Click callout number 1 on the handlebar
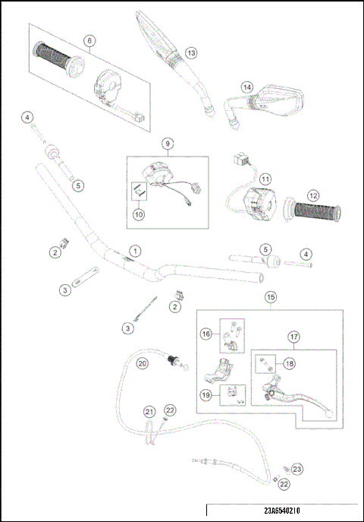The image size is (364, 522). pos(135,250)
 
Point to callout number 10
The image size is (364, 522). pos(138,215)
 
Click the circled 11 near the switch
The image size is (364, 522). pos(265,179)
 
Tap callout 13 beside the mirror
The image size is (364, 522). pos(190,52)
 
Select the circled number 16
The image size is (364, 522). pos(206,333)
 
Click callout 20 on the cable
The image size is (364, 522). pos(142,364)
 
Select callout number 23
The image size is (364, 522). pos(297,469)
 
